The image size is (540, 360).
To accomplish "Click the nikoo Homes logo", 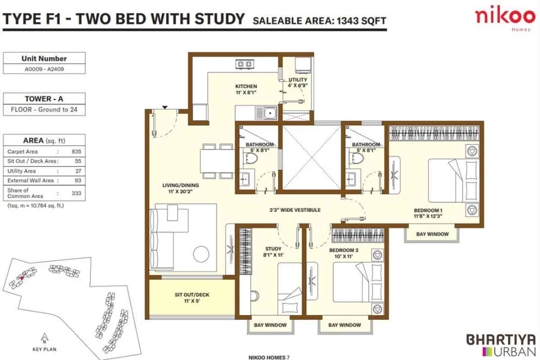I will coord(504,19).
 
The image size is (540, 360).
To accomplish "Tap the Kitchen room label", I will coord(246,89).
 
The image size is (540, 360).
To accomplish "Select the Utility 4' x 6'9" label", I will coord(297,83).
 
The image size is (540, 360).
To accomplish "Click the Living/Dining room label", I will coord(180,188).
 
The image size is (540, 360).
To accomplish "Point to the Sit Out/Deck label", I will coord(192,298).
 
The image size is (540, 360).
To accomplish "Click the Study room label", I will coord(273,251).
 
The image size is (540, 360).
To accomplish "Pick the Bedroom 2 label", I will coord(344,252).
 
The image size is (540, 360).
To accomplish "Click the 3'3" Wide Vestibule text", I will coord(294,210).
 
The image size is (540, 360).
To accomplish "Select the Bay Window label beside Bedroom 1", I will coord(432,234).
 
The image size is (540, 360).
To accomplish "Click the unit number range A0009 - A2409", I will coord(44,69).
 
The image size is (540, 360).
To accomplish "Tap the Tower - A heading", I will coord(44,99).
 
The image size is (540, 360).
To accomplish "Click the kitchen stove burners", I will coord(244,64).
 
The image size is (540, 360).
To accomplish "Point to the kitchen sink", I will coord(270,113).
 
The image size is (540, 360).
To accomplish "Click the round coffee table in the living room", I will coord(202,252).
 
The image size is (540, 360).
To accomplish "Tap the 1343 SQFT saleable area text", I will coord(361,20).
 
